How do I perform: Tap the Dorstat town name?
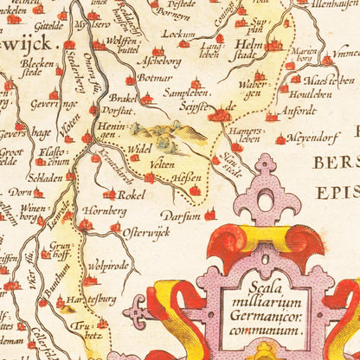tap(116, 112)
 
